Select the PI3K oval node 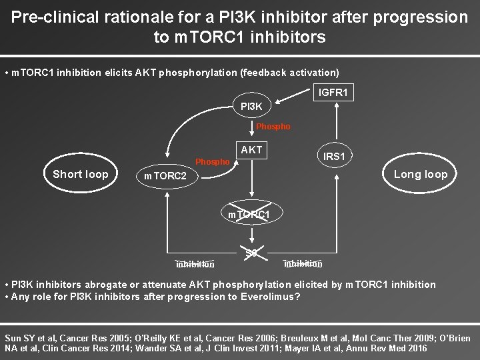[251, 106]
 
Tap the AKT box [251, 150]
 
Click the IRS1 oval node [334, 156]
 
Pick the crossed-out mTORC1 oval [249, 215]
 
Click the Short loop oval [80, 174]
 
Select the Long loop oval [421, 174]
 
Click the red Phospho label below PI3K [273, 127]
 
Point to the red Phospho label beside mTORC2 [212, 162]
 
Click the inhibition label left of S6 [195, 264]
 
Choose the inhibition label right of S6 [303, 263]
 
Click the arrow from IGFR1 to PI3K [294, 99]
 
